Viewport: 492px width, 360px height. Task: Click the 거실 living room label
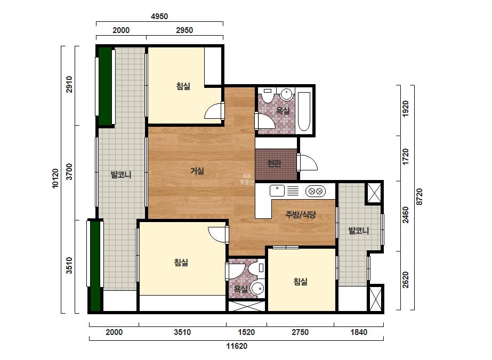197,171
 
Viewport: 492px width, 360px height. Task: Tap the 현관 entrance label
274,163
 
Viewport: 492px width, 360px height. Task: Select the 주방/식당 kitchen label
300,215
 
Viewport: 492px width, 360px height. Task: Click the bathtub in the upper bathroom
304,111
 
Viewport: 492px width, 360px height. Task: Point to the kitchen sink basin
277,191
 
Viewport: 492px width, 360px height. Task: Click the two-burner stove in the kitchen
316,191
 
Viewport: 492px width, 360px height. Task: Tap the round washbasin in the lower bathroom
258,289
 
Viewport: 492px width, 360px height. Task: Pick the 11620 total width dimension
237,346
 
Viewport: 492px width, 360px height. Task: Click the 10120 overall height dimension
55,178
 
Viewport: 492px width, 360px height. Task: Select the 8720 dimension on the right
419,197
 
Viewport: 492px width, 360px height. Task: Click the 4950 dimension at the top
159,17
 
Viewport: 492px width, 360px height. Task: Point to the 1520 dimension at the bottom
246,332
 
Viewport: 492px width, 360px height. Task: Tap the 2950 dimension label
184,30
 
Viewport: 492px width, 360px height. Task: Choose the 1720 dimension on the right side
406,157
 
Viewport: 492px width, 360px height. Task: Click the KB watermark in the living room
247,179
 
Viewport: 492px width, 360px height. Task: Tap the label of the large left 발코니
121,175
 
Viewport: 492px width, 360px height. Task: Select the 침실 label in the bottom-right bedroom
300,282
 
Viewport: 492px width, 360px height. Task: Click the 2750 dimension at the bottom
300,332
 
